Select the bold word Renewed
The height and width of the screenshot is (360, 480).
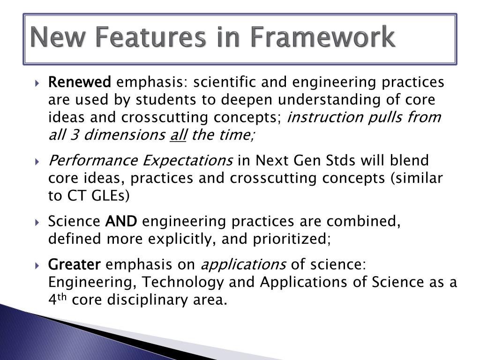point(80,82)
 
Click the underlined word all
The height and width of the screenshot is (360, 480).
point(178,135)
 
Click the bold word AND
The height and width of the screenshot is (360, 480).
point(121,221)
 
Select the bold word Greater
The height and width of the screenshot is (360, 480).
point(75,265)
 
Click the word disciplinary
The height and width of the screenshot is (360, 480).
point(140,300)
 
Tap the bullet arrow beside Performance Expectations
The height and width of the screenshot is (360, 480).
point(38,161)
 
